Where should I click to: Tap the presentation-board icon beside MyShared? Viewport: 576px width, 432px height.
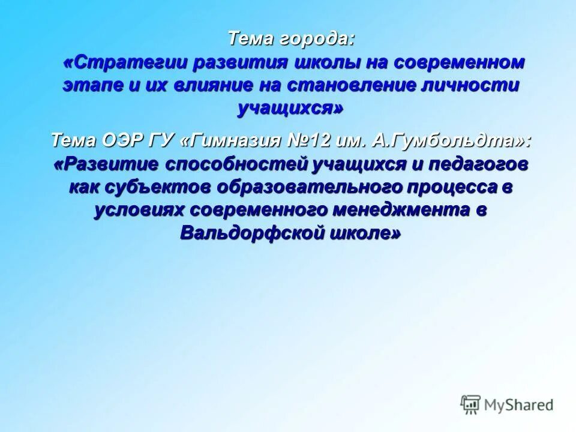point(470,404)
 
